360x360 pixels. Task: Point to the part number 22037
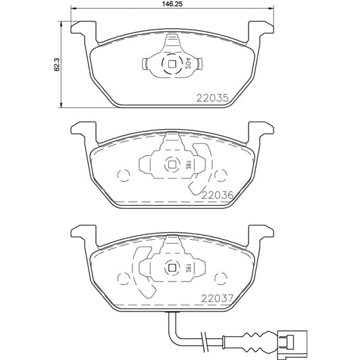[217, 294]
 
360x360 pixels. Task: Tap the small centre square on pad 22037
[170, 268]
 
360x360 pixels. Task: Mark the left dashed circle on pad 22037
[122, 278]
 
